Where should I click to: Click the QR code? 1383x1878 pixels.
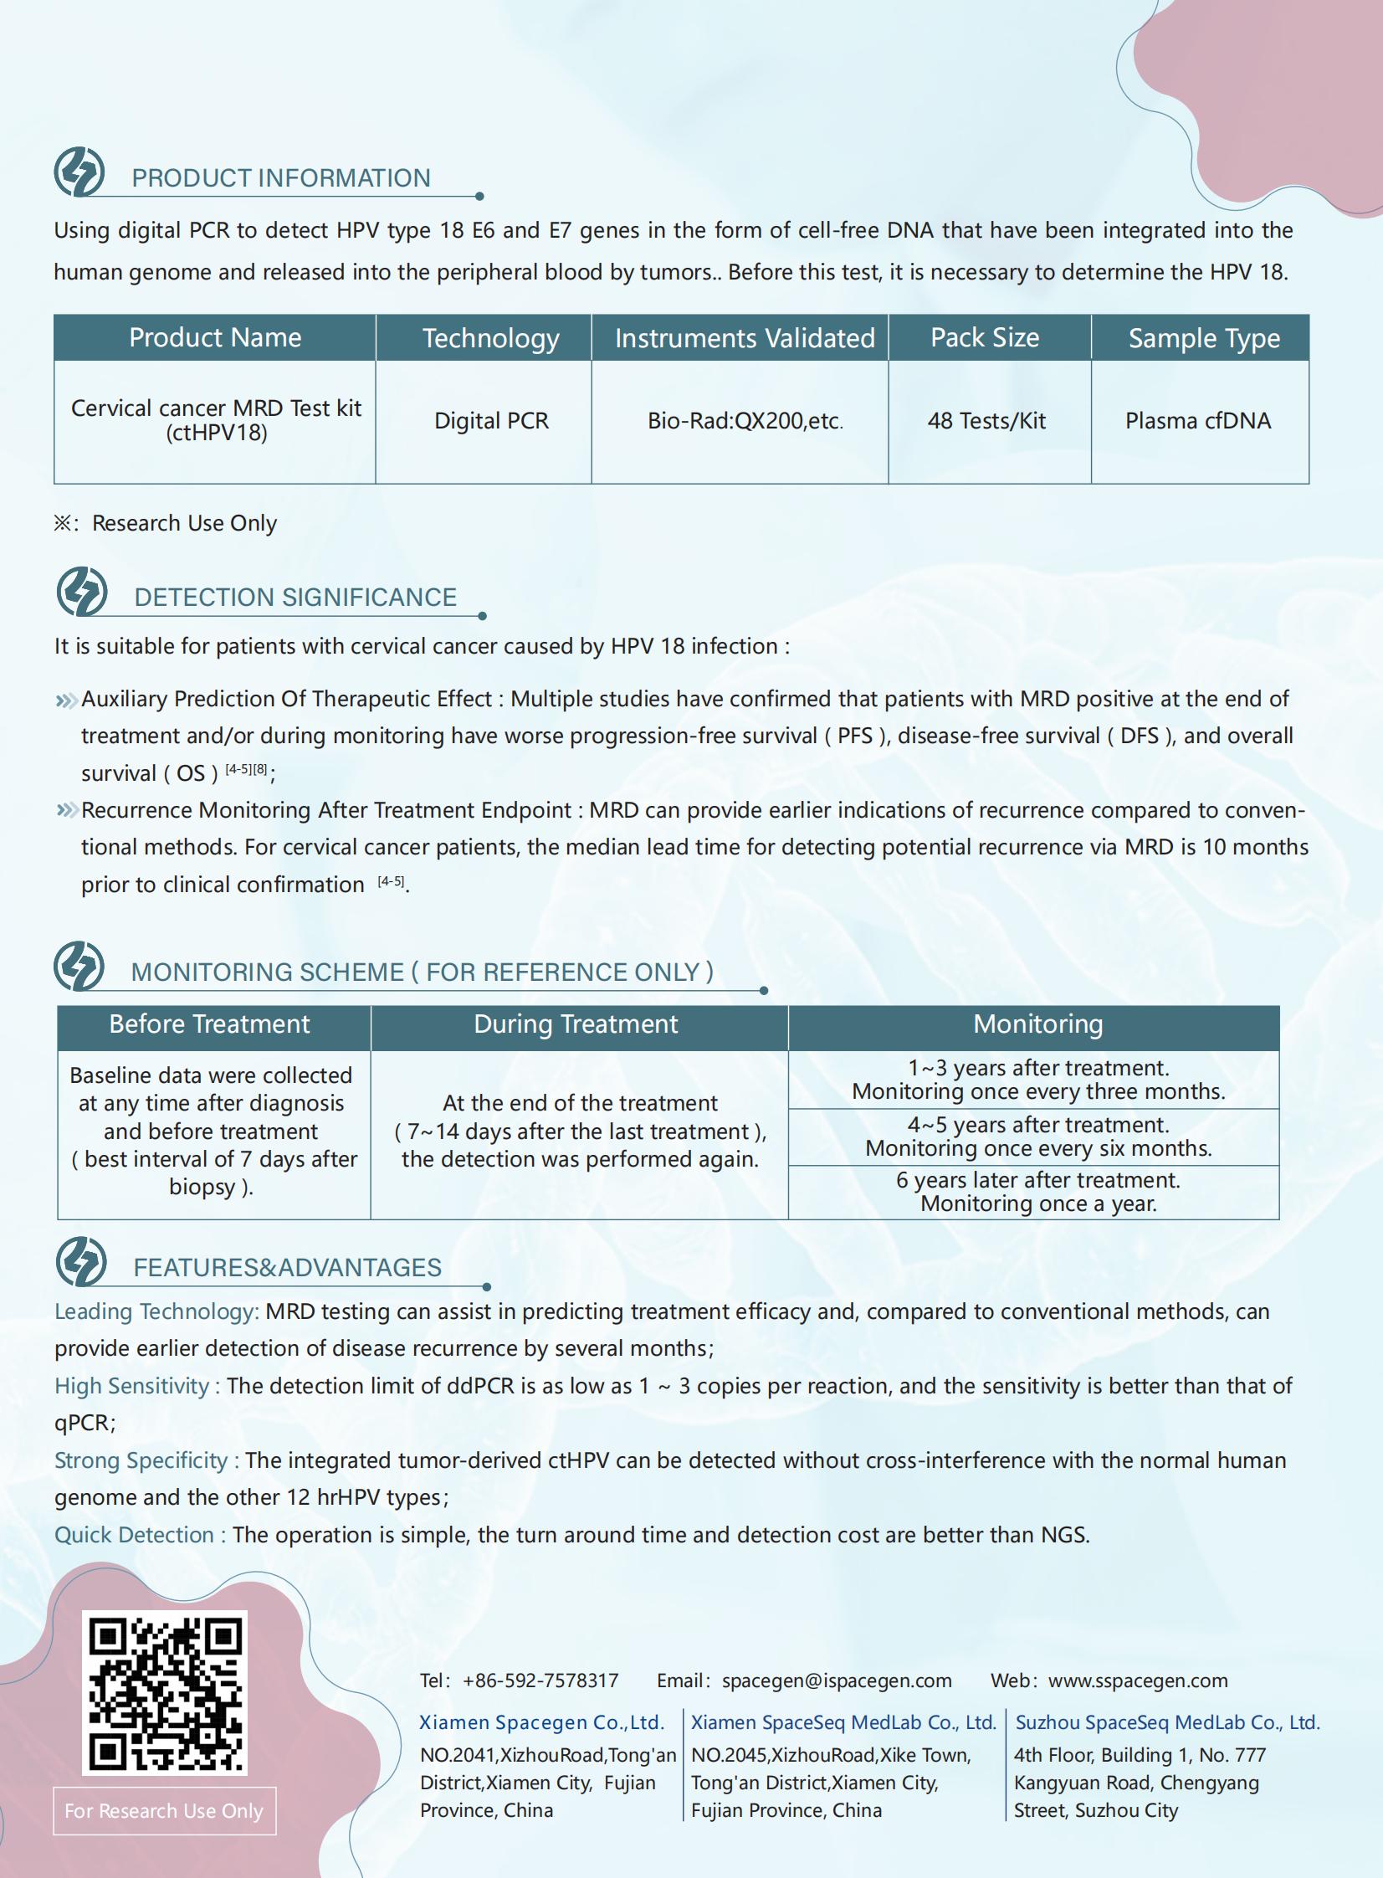pos(164,1691)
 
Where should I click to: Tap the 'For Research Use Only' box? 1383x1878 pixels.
pos(164,1811)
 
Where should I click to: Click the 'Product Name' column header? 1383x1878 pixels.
pos(215,337)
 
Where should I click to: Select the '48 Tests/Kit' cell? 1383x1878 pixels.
pos(987,421)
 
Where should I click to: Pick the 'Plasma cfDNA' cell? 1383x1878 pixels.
pos(1198,421)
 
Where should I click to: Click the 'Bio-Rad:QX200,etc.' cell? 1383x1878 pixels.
pos(745,421)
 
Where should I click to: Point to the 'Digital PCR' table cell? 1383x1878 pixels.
pos(491,421)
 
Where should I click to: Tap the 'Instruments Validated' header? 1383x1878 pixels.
pos(745,338)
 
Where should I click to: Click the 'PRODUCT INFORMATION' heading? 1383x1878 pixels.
pos(281,178)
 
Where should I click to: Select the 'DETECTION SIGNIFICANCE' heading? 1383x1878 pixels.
pos(295,597)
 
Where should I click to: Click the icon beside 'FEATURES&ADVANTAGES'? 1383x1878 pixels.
pos(81,1261)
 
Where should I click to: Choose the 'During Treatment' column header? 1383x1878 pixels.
pos(576,1024)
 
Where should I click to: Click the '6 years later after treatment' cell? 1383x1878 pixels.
pos(1038,1192)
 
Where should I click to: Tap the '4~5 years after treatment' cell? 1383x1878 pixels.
pos(1038,1137)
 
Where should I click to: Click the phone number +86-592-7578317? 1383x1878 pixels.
pos(540,1680)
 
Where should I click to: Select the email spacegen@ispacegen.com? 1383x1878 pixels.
pos(837,1680)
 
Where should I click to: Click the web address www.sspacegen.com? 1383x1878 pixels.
pos(1138,1680)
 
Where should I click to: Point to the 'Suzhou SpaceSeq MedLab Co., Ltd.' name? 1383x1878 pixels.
pos(1167,1722)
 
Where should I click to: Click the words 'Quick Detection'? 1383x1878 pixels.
pos(134,1535)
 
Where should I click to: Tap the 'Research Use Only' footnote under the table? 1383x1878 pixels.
pos(184,523)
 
